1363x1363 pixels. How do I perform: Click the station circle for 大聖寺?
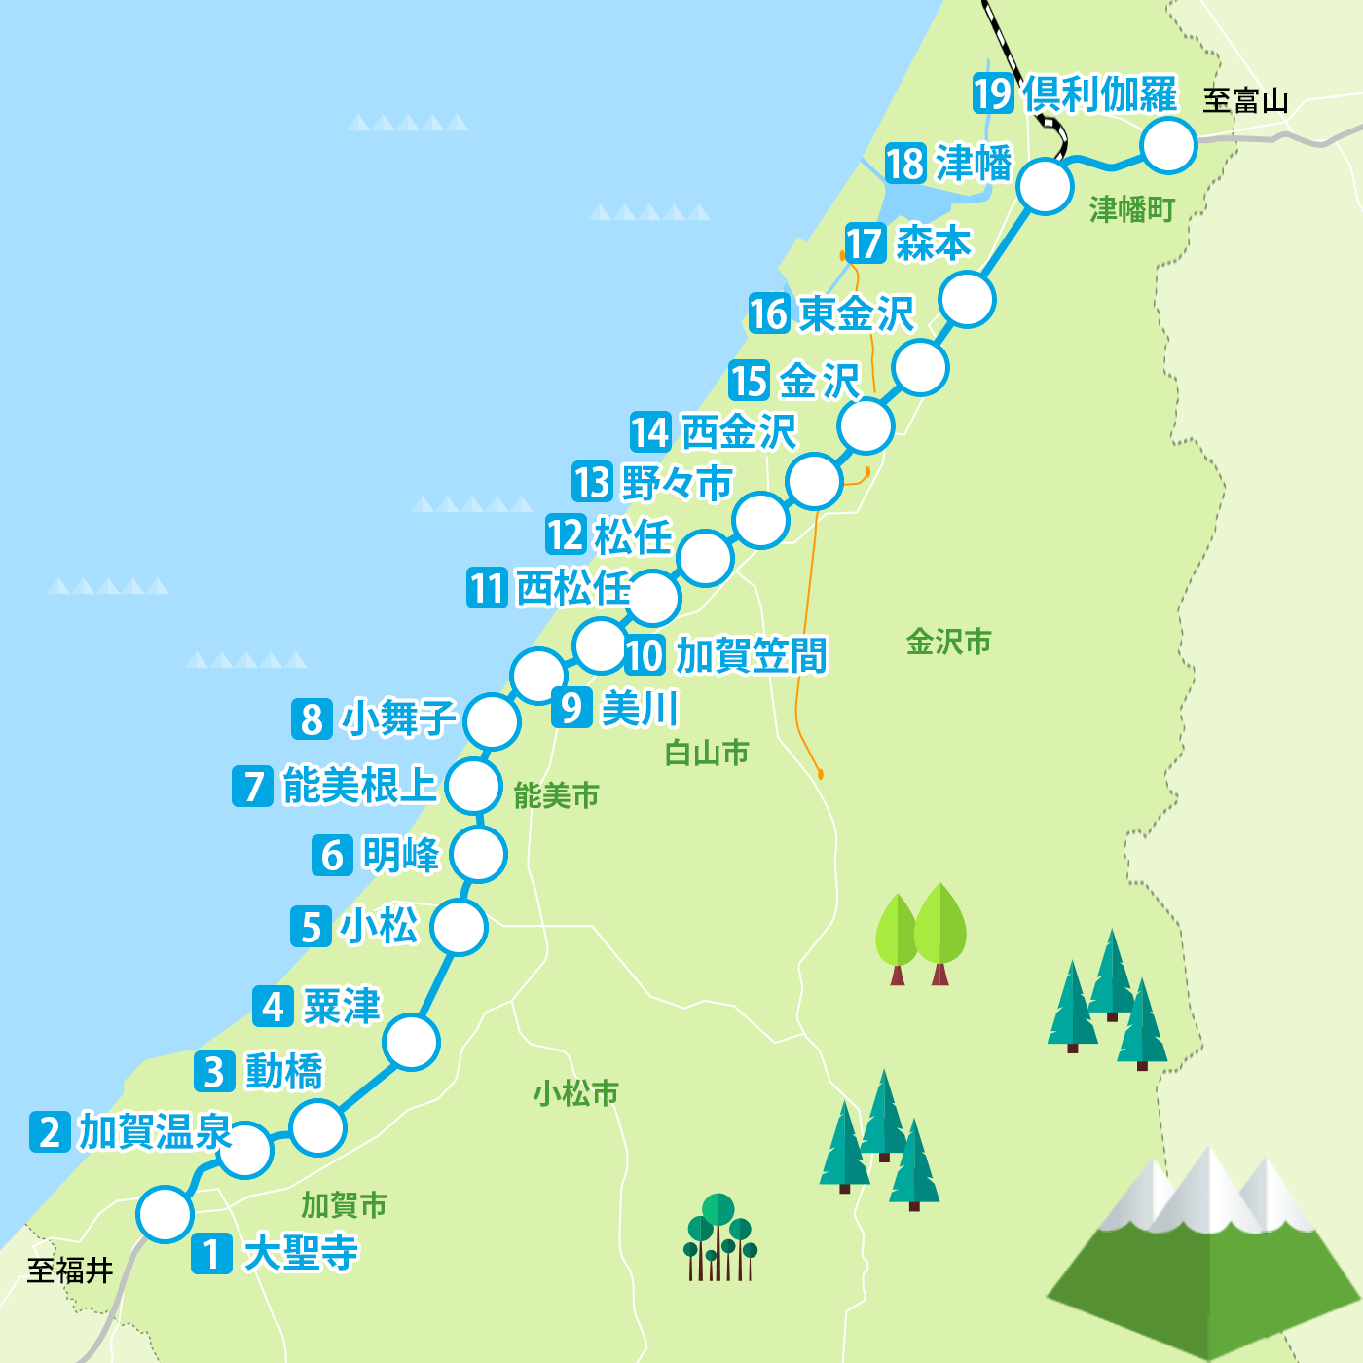(165, 1214)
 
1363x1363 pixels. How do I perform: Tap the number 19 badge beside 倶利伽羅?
(993, 93)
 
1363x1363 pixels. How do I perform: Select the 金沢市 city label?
(948, 642)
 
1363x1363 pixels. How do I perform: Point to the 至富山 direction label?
(1245, 100)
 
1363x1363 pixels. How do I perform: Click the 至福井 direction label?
(70, 1271)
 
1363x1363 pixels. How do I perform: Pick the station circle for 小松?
(459, 927)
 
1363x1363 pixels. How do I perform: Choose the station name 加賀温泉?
(154, 1131)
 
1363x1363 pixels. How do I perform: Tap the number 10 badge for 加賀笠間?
(645, 655)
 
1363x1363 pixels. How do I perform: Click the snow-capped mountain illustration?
(1205, 1251)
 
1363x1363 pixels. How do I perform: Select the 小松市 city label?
(575, 1093)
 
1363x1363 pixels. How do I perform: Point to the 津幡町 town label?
(1131, 209)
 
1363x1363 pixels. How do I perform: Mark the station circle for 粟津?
(411, 1042)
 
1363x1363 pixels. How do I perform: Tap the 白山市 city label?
(707, 753)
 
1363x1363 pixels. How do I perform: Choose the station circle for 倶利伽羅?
(1168, 146)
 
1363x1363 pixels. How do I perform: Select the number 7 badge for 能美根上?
(253, 786)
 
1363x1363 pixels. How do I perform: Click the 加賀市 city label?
(344, 1205)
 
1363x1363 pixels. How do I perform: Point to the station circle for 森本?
(968, 299)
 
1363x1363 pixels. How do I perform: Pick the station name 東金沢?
(857, 313)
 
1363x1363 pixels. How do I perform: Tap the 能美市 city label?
(556, 796)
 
